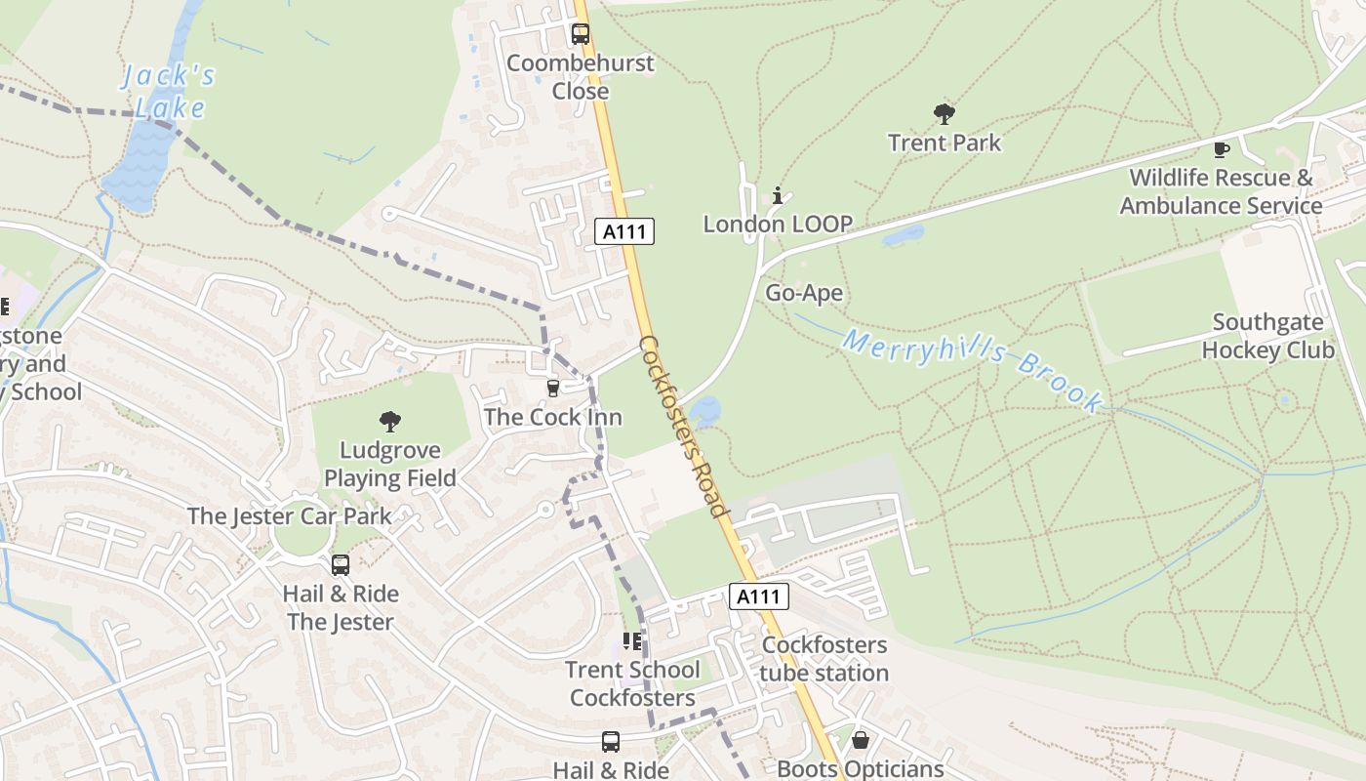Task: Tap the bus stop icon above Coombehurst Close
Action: click(581, 35)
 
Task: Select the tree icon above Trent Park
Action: click(944, 114)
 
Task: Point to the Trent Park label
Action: click(944, 143)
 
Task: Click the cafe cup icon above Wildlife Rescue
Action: click(1221, 149)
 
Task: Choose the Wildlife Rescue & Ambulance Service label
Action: click(1221, 191)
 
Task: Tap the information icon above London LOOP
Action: click(778, 196)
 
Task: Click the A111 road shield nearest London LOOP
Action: click(624, 231)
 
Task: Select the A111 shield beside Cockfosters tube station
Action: click(758, 596)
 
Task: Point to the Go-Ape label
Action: click(803, 293)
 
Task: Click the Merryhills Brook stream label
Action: click(973, 369)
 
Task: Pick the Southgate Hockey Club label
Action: click(1267, 336)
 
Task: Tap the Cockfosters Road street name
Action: click(683, 427)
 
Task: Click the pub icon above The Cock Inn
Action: click(553, 389)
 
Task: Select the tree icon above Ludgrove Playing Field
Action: click(390, 422)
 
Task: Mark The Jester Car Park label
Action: click(289, 515)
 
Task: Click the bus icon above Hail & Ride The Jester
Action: click(341, 564)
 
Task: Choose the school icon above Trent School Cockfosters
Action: click(632, 641)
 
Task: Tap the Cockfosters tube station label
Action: click(824, 659)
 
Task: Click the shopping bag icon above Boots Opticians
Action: click(860, 741)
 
